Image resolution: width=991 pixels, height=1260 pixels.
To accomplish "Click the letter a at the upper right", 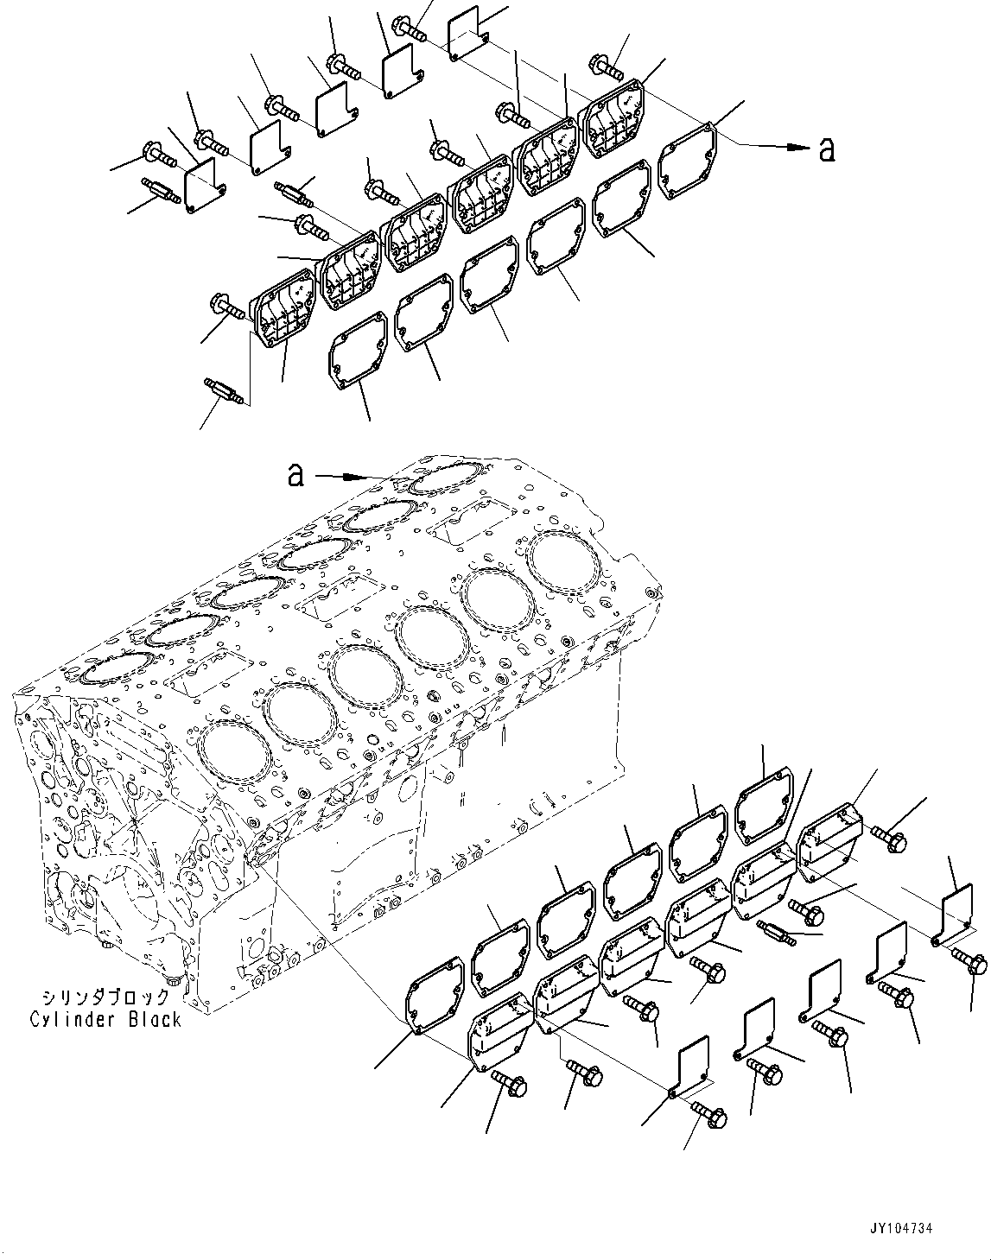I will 826,149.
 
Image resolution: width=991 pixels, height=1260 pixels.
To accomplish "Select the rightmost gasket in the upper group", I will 688,158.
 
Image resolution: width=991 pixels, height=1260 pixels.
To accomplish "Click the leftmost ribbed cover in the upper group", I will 283,311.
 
